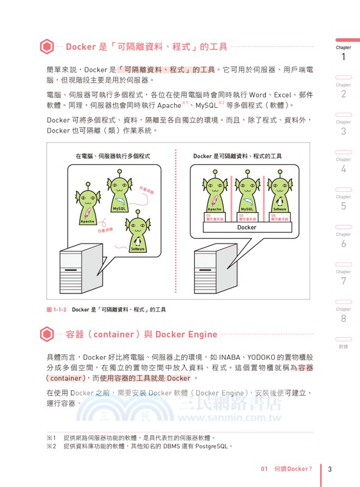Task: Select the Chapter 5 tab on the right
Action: [344, 202]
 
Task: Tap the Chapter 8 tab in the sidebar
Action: [344, 314]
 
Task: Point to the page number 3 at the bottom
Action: [330, 469]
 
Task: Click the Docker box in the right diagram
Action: [247, 227]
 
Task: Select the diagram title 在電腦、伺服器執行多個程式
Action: [113, 156]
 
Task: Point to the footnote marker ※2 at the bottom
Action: [51, 446]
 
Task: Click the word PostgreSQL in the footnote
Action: [210, 446]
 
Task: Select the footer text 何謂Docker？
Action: [292, 469]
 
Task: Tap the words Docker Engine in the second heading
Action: [186, 334]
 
